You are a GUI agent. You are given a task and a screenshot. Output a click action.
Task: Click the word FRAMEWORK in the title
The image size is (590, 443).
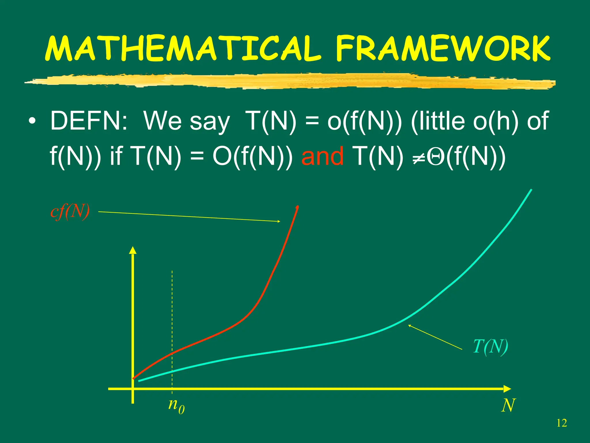[443, 48]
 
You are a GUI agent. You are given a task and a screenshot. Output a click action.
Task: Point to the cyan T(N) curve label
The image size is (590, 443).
[490, 347]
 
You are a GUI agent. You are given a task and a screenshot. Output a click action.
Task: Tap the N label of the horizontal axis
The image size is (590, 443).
[508, 406]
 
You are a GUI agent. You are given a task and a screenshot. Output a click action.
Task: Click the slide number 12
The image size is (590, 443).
[561, 423]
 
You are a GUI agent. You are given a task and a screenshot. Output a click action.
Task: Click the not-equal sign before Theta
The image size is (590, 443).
[419, 158]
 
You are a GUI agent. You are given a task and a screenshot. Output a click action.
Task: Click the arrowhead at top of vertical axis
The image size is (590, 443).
[133, 250]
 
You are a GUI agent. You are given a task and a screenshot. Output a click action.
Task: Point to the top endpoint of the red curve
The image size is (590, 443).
[297, 207]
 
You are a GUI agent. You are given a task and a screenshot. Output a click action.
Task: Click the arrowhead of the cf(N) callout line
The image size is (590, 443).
[279, 221]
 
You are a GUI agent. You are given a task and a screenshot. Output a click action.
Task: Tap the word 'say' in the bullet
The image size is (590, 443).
[209, 122]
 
